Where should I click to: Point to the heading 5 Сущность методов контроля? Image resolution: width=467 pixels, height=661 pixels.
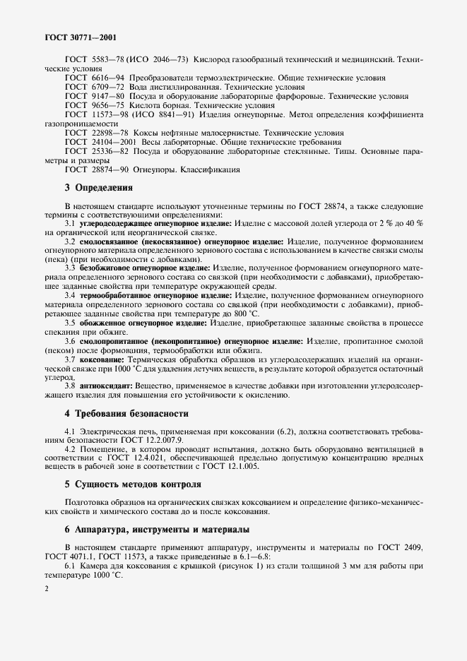pos(133,484)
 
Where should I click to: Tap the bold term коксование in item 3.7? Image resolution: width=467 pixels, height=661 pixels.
pos(104,359)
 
